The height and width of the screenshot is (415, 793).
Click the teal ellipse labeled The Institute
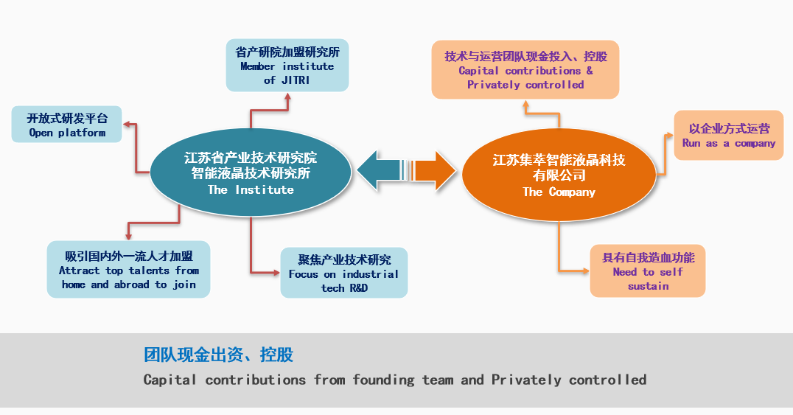[x=251, y=172]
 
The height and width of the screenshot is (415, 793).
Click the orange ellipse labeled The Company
[x=559, y=175]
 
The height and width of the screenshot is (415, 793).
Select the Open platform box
[x=67, y=124]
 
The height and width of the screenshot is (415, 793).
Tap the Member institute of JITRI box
[x=287, y=66]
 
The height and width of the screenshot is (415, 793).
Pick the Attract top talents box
[x=128, y=269]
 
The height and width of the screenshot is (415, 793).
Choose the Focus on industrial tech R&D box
[x=344, y=273]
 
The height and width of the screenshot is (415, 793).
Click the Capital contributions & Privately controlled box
[x=525, y=70]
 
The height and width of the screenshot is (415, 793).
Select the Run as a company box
[x=729, y=135]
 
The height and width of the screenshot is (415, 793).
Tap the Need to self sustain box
[x=647, y=271]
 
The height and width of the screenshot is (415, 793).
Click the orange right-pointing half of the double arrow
[x=434, y=170]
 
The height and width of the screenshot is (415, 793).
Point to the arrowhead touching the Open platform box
[x=127, y=124]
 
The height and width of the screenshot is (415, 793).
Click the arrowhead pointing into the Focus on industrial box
[x=276, y=273]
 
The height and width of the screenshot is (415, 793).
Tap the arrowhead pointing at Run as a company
[x=670, y=135]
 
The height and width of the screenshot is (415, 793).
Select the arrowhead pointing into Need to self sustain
[x=586, y=271]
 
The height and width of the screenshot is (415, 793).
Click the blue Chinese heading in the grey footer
[x=218, y=355]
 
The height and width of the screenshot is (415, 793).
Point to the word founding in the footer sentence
[x=383, y=380]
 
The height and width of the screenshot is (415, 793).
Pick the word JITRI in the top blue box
[x=296, y=80]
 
